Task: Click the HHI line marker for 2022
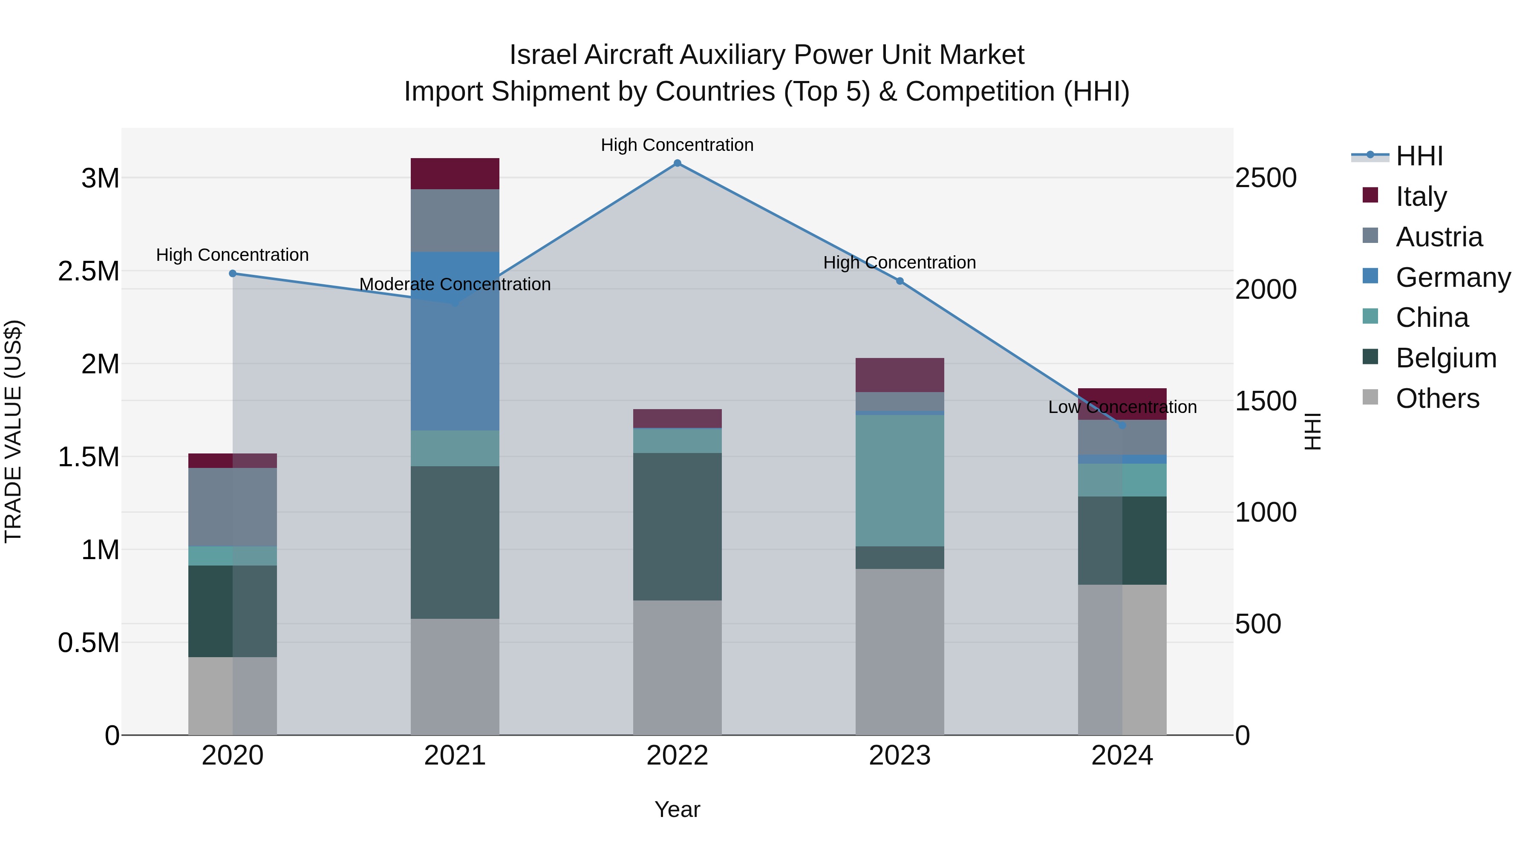[x=677, y=163]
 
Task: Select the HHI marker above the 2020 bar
[x=233, y=273]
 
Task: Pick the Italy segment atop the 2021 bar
[x=455, y=173]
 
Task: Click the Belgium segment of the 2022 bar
[x=677, y=526]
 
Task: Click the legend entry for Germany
[x=1453, y=277]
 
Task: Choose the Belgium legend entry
[x=1445, y=358]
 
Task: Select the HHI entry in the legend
[x=1419, y=156]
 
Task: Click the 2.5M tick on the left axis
[x=88, y=271]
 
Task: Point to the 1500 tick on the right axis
[x=1266, y=401]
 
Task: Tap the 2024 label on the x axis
[x=1122, y=755]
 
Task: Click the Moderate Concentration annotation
[x=455, y=284]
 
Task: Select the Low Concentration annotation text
[x=1122, y=407]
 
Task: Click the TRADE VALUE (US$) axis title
[x=13, y=431]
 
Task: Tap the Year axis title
[x=677, y=809]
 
